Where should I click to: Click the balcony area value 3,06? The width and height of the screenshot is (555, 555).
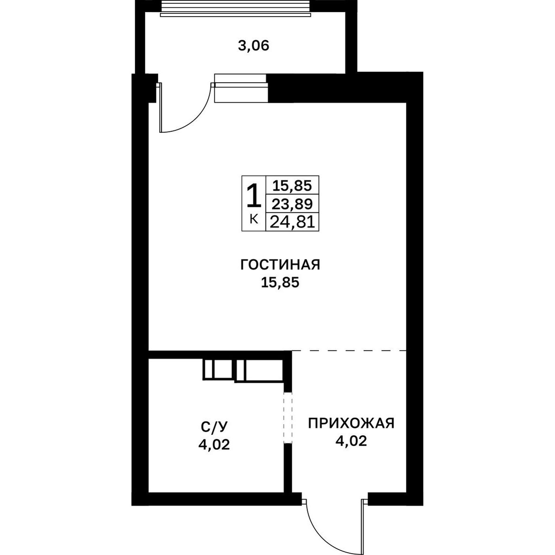253,45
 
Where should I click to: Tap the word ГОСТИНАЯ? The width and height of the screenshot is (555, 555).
280,265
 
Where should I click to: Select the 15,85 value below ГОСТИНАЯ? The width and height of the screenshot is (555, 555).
280,283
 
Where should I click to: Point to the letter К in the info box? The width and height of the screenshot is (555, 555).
253,220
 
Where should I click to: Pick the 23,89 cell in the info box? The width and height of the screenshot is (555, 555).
292,204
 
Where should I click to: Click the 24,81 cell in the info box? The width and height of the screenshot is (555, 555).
292,222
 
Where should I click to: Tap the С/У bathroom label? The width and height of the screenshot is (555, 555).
214,427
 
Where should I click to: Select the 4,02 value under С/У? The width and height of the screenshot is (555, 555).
214,445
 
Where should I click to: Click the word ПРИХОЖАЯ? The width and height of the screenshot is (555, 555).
351,424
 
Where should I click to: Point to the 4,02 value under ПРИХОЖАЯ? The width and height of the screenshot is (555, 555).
351,441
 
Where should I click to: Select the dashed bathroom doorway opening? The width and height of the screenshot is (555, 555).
288,417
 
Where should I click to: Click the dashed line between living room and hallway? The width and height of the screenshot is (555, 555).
349,351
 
